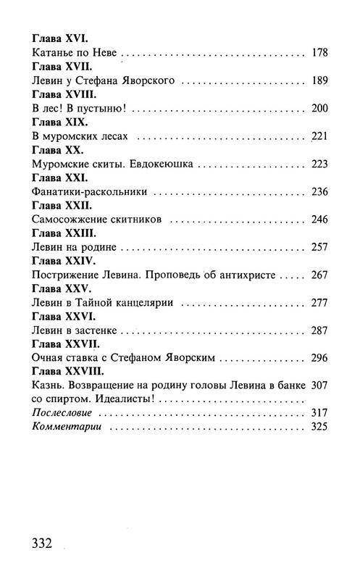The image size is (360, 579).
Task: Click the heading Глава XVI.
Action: tap(59, 36)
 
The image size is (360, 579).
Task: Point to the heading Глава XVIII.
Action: tap(64, 94)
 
